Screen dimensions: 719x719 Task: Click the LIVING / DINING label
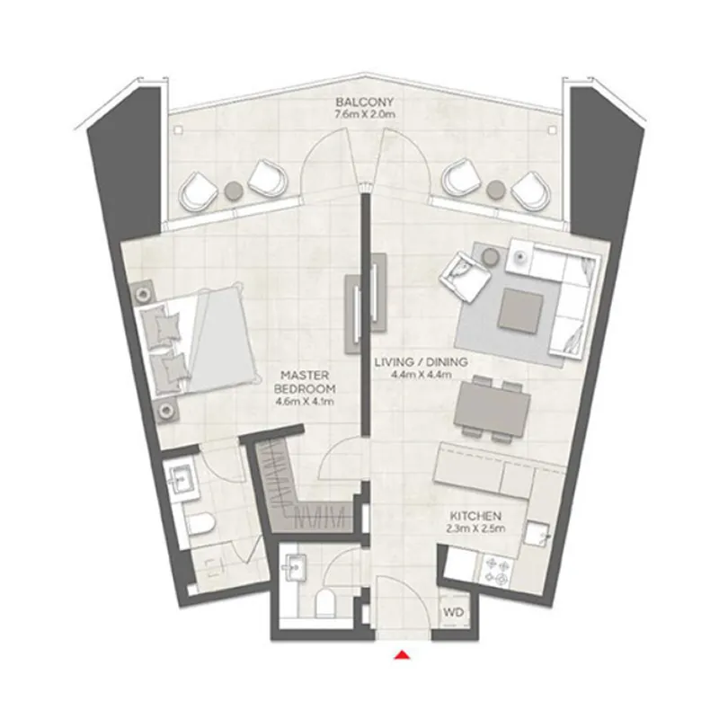click(x=421, y=361)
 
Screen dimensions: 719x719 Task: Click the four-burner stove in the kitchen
click(x=500, y=569)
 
